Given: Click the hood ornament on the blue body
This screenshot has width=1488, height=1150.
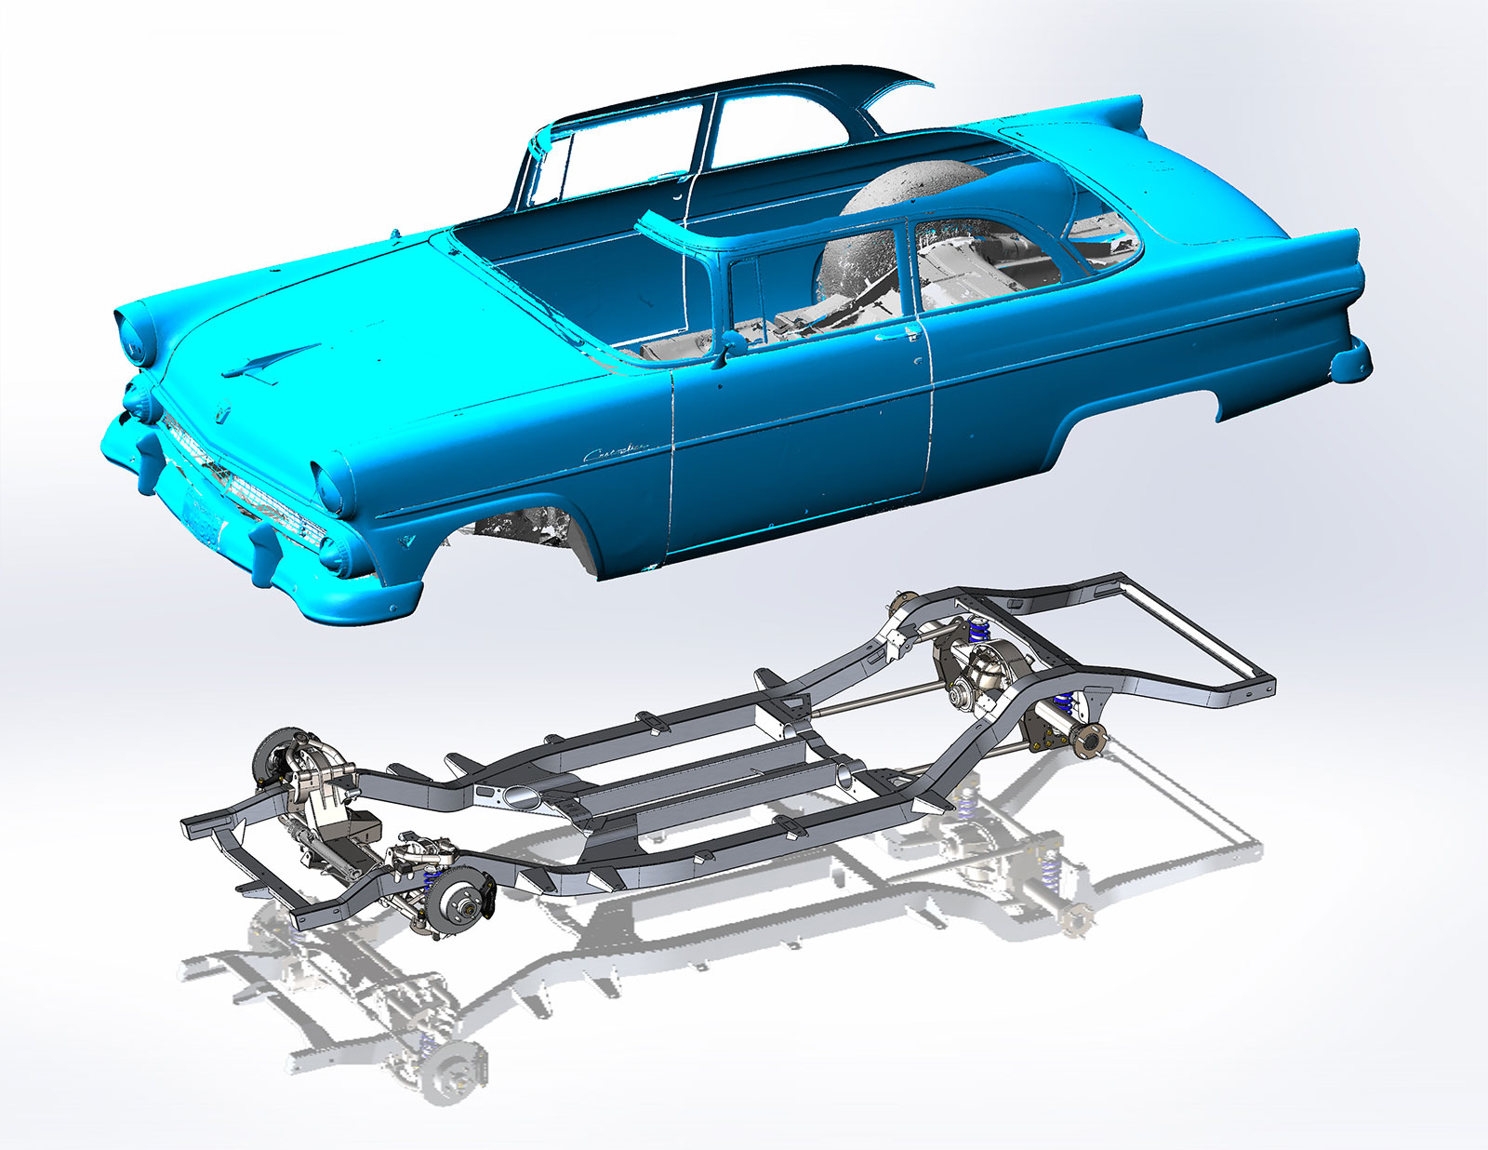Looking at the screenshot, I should click(272, 362).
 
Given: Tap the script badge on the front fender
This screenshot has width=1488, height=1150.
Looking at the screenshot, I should click(613, 453).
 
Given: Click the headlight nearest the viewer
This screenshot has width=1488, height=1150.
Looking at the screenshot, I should click(330, 483).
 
